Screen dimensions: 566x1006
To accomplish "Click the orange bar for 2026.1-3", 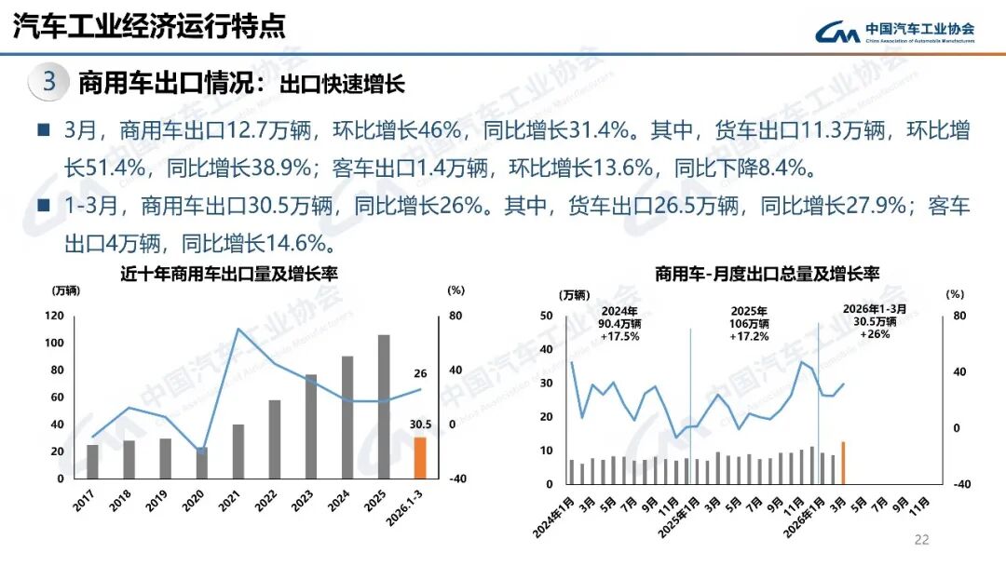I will (420, 457).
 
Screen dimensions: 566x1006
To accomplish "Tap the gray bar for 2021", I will (238, 451).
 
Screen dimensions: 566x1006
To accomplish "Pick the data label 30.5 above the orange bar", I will (420, 424).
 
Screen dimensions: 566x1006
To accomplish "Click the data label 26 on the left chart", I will (420, 373).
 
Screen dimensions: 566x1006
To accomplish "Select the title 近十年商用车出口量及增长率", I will (227, 275).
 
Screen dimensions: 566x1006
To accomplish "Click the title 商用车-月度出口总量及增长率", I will (767, 274).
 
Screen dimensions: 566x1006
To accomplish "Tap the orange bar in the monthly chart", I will (843, 463).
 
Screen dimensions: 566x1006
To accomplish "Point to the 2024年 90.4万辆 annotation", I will (619, 323).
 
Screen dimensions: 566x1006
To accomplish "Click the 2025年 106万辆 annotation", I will (750, 323).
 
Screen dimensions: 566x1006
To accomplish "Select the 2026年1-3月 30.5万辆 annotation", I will (874, 320).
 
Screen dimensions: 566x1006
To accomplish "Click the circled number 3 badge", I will (49, 82).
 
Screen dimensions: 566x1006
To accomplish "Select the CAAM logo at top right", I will (894, 32).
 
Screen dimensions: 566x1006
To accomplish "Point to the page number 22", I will (922, 540).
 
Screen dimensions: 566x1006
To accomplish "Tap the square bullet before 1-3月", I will (43, 207).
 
